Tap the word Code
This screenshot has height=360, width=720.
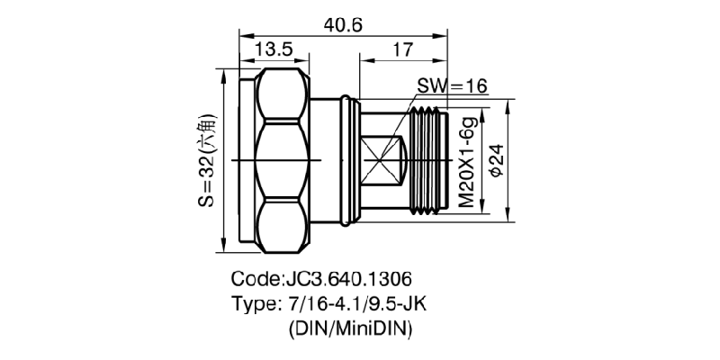256,278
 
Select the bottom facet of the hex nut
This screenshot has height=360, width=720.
280,225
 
